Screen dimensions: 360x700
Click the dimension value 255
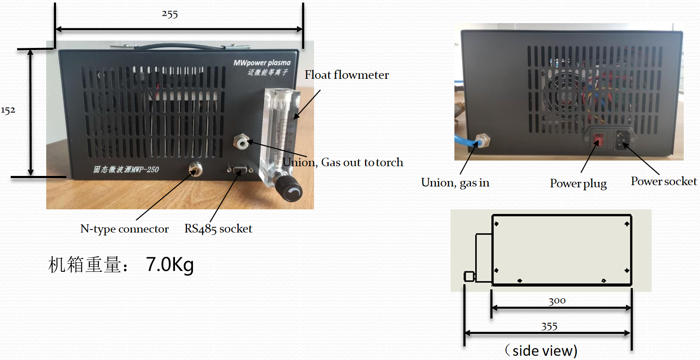click(170, 14)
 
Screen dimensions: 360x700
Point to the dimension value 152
click(8, 110)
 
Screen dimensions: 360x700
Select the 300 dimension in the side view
click(557, 301)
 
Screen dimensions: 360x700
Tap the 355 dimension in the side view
click(549, 327)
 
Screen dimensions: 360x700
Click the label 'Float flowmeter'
click(347, 75)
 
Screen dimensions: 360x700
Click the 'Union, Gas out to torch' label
click(343, 162)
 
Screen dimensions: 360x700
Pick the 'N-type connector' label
click(125, 229)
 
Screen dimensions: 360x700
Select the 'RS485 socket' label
click(218, 229)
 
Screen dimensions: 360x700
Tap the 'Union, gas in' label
click(455, 183)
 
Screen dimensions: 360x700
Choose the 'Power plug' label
click(578, 183)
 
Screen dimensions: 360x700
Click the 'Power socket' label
click(664, 181)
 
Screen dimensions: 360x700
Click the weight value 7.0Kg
click(170, 265)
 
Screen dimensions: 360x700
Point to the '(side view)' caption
click(541, 351)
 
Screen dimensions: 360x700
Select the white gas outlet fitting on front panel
click(241, 142)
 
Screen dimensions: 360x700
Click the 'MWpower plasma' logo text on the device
click(262, 63)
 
